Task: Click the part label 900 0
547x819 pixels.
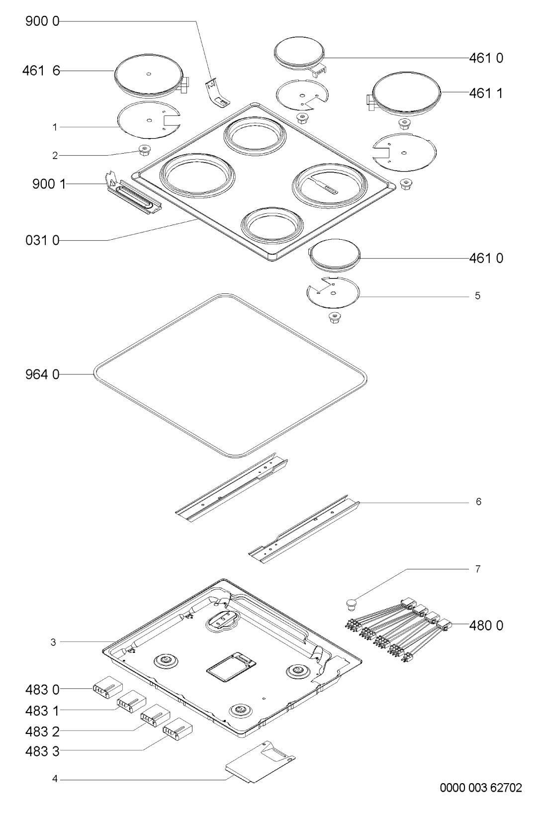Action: click(42, 21)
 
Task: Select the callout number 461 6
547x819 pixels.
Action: click(41, 71)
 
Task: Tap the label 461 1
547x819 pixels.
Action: click(486, 93)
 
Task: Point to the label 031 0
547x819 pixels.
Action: click(42, 240)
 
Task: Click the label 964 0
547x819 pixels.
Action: click(42, 375)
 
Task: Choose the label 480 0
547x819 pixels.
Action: click(486, 626)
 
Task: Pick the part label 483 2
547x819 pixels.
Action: click(42, 731)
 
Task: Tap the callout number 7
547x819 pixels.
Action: click(477, 569)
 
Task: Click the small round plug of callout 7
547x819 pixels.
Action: click(352, 604)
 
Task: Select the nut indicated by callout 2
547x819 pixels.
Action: click(145, 150)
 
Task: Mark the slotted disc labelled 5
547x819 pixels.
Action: click(333, 292)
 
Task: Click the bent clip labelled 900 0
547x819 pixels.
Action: click(217, 94)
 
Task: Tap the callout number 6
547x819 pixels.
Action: click(478, 502)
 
